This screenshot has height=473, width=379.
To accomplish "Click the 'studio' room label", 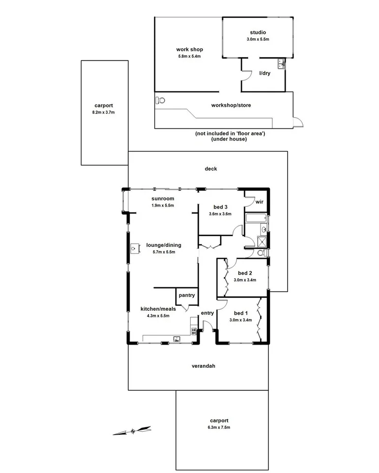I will pyautogui.click(x=258, y=32).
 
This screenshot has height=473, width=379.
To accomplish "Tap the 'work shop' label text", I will pyautogui.click(x=189, y=50).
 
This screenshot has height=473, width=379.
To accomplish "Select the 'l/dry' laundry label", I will pyautogui.click(x=265, y=73).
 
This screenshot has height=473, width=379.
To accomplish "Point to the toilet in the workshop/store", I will pyautogui.click(x=160, y=100).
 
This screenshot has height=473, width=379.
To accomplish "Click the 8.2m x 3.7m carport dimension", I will pyautogui.click(x=104, y=112).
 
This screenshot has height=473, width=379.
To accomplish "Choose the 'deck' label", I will pyautogui.click(x=211, y=169).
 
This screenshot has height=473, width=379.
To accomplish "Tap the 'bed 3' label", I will pyautogui.click(x=220, y=207).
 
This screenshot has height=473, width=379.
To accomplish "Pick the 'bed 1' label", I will pyautogui.click(x=240, y=313).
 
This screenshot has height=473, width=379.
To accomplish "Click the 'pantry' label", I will pyautogui.click(x=187, y=296).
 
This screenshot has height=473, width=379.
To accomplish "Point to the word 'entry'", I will pyautogui.click(x=207, y=313).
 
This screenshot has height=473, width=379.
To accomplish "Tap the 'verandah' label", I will pyautogui.click(x=204, y=366).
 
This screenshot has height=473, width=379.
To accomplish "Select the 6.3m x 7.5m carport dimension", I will pyautogui.click(x=219, y=427).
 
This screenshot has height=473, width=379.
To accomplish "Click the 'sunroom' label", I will pyautogui.click(x=163, y=199).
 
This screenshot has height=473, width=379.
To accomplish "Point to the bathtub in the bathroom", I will pyautogui.click(x=255, y=219).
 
